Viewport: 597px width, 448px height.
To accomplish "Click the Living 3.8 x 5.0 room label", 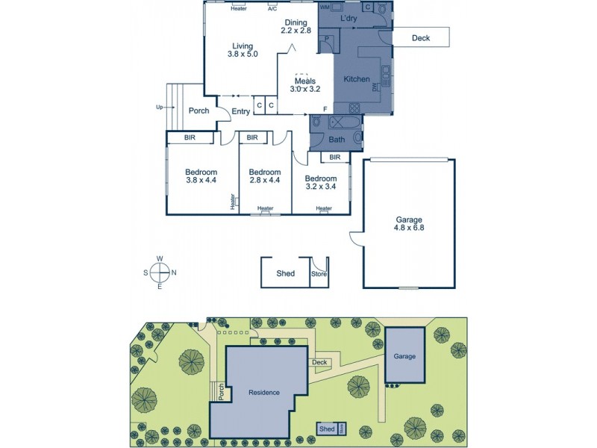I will (243, 49).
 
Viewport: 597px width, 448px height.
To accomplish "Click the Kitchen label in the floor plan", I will (356, 78).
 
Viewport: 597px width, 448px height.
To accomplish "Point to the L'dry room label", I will (348, 18).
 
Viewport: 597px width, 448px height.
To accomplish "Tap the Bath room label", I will (336, 140).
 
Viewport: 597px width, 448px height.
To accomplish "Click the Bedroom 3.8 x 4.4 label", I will (201, 175).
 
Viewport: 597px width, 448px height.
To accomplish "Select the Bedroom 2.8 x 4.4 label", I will (263, 175).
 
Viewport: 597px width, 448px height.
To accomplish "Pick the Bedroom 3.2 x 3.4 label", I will (321, 183).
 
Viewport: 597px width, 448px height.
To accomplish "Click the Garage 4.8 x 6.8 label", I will (409, 223).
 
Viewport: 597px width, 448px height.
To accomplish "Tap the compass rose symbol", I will (160, 273).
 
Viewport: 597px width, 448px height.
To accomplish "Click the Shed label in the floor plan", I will (285, 274).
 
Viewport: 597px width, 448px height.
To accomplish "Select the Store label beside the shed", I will (319, 274).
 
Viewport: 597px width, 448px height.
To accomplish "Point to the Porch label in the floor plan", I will (199, 111).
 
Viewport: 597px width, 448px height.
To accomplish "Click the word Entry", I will (240, 112).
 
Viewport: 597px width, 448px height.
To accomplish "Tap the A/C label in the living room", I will (272, 8).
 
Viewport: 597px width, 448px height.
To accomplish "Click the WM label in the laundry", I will (325, 7).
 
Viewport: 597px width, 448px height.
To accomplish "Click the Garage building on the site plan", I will (405, 355).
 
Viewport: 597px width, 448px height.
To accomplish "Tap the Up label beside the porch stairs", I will (159, 107).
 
